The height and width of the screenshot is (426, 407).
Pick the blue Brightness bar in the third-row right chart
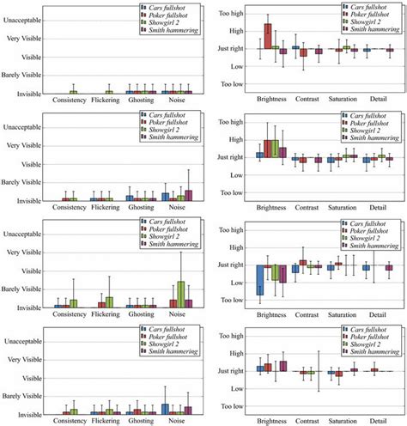(259, 280)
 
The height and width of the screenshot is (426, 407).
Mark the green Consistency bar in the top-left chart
(73, 92)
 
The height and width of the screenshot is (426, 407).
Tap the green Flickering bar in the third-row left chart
(109, 290)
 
